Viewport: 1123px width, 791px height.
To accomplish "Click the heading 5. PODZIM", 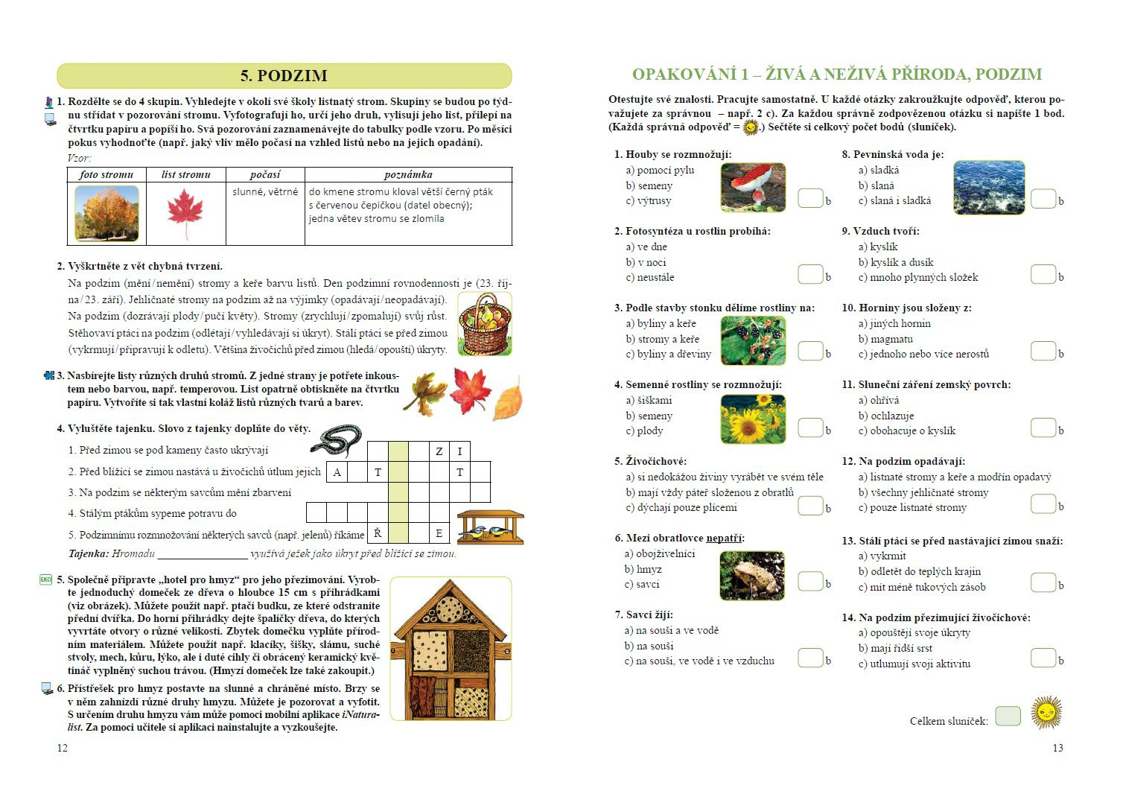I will click(x=284, y=76).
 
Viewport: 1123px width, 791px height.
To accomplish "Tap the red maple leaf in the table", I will click(x=185, y=213).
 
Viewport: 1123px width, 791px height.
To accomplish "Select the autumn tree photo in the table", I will click(x=106, y=214).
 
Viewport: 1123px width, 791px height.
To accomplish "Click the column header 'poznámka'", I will click(x=408, y=174).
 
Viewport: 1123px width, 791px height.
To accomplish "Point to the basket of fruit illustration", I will click(x=484, y=324).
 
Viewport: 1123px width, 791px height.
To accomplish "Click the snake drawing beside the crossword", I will click(x=337, y=440).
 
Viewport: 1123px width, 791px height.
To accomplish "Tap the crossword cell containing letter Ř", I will click(x=378, y=533).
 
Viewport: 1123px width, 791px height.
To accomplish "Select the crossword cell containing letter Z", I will click(x=439, y=451).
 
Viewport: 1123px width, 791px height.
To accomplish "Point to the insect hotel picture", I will click(x=451, y=649).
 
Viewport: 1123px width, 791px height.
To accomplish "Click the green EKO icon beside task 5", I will click(x=45, y=579).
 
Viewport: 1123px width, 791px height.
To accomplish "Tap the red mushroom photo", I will click(x=753, y=187).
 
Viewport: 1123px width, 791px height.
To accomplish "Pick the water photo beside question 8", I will click(x=988, y=187).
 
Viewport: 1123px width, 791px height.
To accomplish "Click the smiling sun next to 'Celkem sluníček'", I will click(x=1046, y=712).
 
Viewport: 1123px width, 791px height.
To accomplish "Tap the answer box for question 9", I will click(x=1043, y=274).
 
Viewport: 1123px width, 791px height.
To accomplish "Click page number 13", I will click(x=1057, y=748).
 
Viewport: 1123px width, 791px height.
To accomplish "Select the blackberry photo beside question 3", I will click(x=753, y=340).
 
